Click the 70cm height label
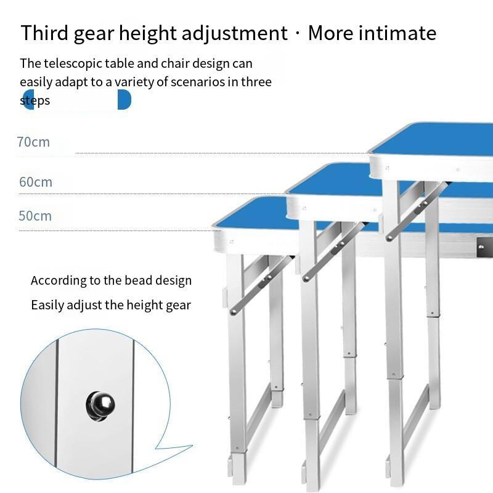tap(33, 142)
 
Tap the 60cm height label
tap(36, 182)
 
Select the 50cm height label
tap(35, 216)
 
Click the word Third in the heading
tap(44, 33)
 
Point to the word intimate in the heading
tap(397, 33)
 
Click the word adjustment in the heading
tap(235, 33)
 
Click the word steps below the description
tap(35, 100)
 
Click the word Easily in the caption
tap(47, 305)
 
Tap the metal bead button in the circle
tap(100, 406)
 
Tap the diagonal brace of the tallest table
tap(417, 211)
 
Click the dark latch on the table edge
tap(484, 247)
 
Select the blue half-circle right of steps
tap(124, 100)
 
